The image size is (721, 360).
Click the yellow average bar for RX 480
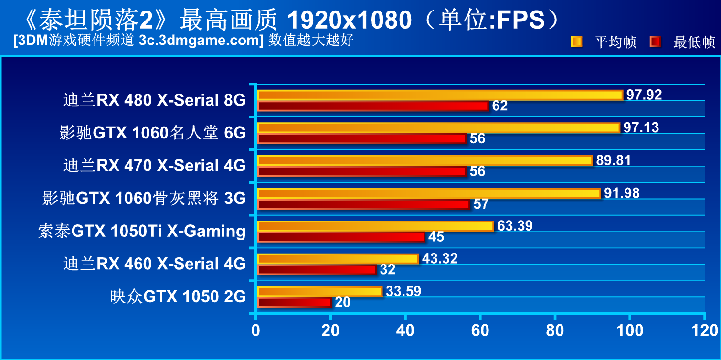tap(439, 95)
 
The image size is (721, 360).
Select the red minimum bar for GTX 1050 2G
tap(294, 302)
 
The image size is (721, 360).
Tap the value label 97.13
tap(641, 127)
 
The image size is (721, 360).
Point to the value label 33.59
tap(403, 291)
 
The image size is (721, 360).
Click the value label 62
tap(499, 106)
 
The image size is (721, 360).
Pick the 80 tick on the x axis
tap(555, 330)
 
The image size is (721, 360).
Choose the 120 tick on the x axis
tap(704, 330)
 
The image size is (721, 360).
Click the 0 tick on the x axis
tap(256, 330)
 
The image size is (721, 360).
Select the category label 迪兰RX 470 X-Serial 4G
tap(154, 166)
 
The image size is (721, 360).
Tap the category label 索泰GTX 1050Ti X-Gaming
tap(142, 231)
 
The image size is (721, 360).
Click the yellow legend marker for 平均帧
tap(576, 42)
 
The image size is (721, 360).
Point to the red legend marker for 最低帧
tap(655, 42)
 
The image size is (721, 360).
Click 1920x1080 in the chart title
tap(350, 20)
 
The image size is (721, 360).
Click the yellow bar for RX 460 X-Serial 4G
tap(338, 259)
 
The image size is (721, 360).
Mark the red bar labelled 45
tap(341, 237)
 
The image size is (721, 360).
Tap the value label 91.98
tap(621, 193)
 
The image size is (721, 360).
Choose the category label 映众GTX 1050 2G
tap(178, 296)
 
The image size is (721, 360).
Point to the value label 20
tap(342, 302)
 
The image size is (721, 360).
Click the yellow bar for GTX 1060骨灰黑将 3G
tap(428, 193)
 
